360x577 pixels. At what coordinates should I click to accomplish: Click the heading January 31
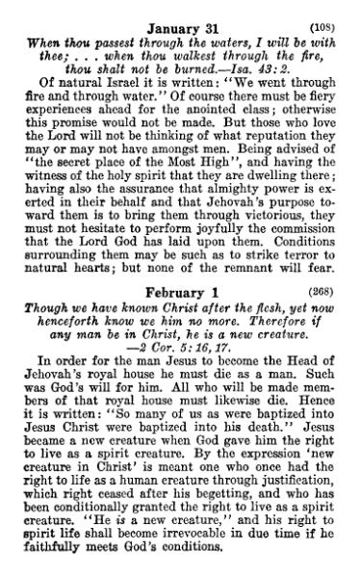pyautogui.click(x=178, y=12)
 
